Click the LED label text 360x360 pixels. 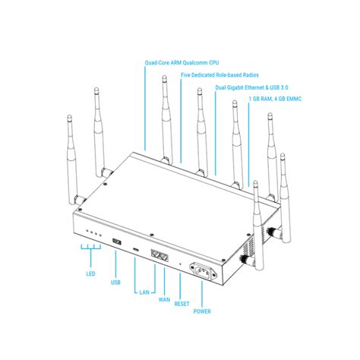[x=90, y=273]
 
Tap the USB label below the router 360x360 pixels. [x=115, y=283]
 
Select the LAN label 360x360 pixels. [x=144, y=292]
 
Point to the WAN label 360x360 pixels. [x=164, y=300]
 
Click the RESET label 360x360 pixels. [x=182, y=304]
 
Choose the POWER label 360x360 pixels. [x=202, y=311]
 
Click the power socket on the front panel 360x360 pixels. [x=204, y=272]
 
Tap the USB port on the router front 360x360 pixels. [x=117, y=242]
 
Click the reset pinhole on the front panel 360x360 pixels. [x=180, y=264]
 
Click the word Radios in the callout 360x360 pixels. [x=251, y=75]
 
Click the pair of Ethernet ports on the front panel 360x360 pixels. [x=159, y=255]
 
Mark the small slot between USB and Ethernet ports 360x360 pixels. [x=136, y=249]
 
